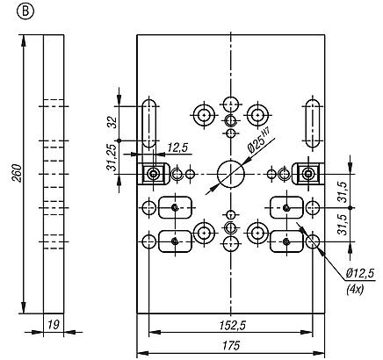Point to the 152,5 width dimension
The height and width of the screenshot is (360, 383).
(x=231, y=325)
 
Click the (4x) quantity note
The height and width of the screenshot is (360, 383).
(x=356, y=289)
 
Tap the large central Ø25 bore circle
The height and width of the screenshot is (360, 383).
(x=230, y=174)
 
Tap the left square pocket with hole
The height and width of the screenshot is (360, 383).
(x=155, y=174)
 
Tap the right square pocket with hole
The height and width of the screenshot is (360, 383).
(x=307, y=174)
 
